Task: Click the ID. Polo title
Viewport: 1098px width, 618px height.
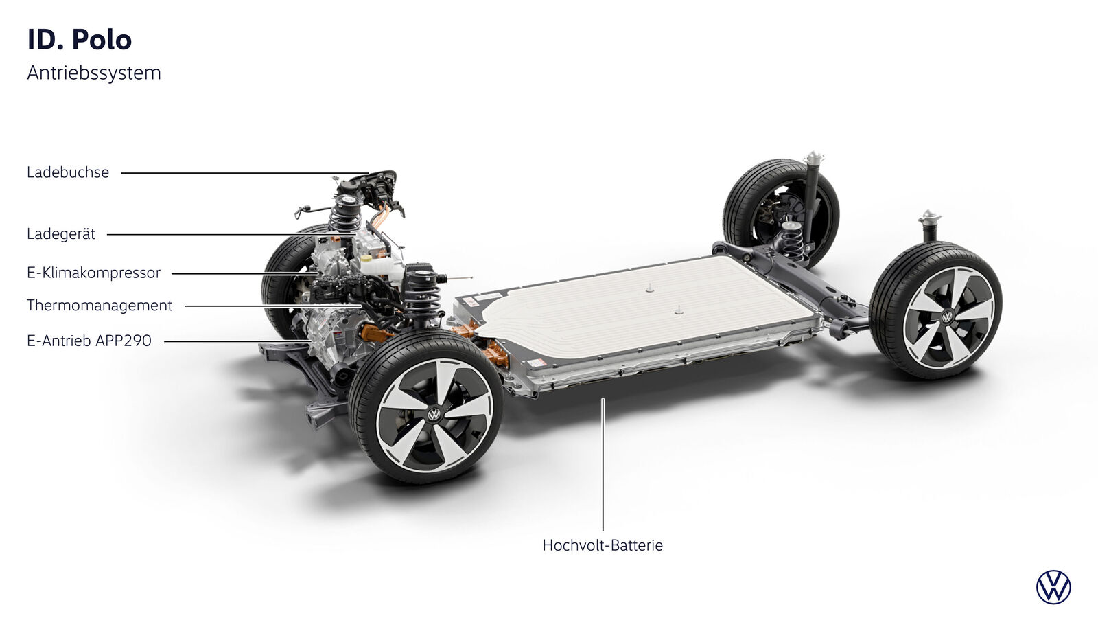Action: (80, 40)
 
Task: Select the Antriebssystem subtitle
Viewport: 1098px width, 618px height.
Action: (94, 73)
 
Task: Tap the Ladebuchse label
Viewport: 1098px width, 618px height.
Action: (68, 172)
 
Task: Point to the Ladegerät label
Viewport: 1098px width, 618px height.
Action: (61, 234)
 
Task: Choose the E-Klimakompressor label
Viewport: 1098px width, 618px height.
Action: (93, 273)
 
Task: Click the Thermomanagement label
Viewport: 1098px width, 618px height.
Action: (100, 306)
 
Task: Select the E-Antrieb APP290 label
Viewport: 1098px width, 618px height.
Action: (89, 341)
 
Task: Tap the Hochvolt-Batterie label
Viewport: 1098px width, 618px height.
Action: (603, 545)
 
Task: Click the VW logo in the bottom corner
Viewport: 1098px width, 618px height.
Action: (1053, 587)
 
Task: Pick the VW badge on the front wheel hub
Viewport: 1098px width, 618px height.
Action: (434, 415)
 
